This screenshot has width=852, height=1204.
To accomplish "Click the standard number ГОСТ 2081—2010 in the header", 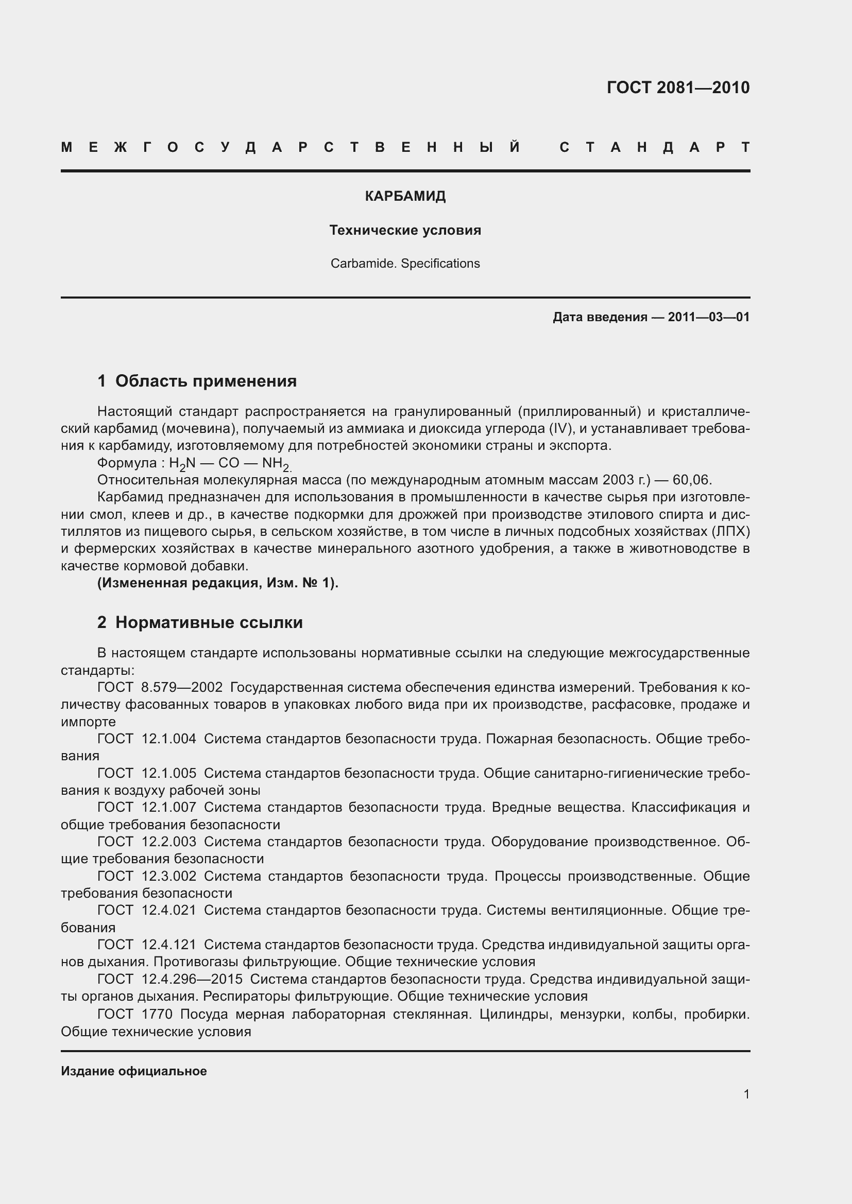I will [678, 88].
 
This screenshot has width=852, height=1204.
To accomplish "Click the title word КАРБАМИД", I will [405, 197].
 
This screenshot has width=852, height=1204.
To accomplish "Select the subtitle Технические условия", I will [405, 230].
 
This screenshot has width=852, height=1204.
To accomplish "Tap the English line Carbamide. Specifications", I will [405, 263].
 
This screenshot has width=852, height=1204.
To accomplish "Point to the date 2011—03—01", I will [708, 317].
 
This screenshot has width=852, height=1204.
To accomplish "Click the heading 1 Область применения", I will [197, 381].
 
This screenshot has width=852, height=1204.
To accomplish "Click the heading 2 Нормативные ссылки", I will [200, 622].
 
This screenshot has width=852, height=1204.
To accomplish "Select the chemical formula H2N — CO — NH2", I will [230, 464].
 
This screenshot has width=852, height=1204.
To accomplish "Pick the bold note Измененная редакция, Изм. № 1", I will [218, 583].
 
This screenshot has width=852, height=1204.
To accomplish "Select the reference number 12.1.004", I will [169, 739].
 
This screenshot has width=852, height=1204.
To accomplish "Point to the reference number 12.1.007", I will [169, 807].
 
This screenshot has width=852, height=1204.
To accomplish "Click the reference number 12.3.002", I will [169, 876].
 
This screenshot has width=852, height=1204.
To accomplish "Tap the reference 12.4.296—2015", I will [192, 979].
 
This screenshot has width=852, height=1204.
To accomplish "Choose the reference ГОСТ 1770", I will [135, 1014].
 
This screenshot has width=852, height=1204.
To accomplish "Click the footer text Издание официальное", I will [134, 1071].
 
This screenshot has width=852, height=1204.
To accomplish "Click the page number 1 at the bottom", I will [746, 1094].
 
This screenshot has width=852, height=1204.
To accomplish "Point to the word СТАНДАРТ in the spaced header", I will [654, 147].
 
